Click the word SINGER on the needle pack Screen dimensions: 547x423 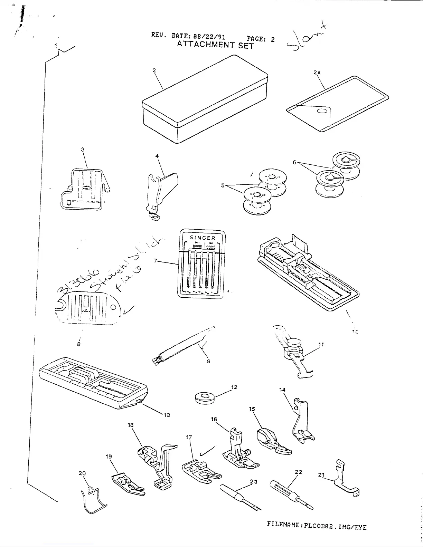click(x=203, y=238)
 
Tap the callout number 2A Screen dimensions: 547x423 click(x=317, y=73)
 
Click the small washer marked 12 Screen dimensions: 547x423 click(x=204, y=398)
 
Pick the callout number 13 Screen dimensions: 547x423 click(x=166, y=415)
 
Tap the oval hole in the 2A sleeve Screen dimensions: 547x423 click(x=322, y=111)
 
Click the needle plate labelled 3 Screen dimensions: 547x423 click(x=84, y=189)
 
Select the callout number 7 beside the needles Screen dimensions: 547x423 click(x=156, y=261)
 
